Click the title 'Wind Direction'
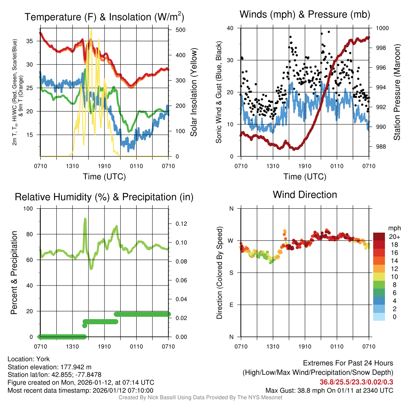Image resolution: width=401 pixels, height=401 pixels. (x=305, y=195)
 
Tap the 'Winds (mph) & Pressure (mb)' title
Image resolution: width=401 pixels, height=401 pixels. (x=305, y=15)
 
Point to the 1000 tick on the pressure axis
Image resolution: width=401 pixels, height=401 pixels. (x=382, y=28)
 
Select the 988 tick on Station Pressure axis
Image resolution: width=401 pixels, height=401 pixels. (x=380, y=147)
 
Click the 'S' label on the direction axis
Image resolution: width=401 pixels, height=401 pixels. (x=231, y=273)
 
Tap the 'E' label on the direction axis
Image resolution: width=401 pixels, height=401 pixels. (x=231, y=305)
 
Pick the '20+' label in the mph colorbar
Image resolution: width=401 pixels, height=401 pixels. (x=394, y=237)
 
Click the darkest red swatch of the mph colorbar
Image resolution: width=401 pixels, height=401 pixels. (x=379, y=236)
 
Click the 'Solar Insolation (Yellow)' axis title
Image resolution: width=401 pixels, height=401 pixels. (x=194, y=92)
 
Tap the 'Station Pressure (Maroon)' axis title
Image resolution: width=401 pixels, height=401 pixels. (x=397, y=92)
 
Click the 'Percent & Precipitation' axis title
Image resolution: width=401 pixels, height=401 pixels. (x=14, y=273)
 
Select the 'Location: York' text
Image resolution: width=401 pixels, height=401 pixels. (x=29, y=359)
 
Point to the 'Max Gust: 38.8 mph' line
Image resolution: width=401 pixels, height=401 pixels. (x=329, y=390)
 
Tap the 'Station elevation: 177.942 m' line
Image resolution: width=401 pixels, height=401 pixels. (x=49, y=367)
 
